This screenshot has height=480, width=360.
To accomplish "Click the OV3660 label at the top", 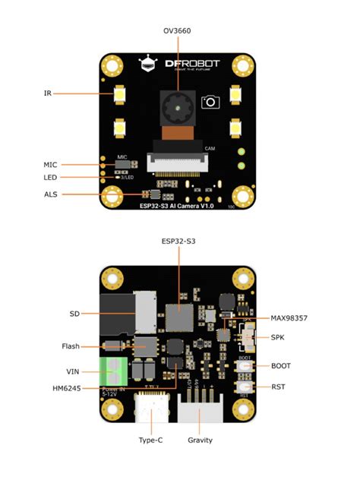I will pyautogui.click(x=178, y=31).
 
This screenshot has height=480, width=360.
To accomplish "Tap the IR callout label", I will pyautogui.click(x=47, y=93).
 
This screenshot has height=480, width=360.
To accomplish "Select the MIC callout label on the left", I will pyautogui.click(x=50, y=164).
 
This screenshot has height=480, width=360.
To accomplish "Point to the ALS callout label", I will pyautogui.click(x=50, y=194).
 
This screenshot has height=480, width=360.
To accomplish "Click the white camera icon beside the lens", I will pyautogui.click(x=209, y=102).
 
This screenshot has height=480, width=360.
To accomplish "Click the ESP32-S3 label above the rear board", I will pyautogui.click(x=178, y=242).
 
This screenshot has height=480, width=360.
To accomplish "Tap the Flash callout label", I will pyautogui.click(x=70, y=346).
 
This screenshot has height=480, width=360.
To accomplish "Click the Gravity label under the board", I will pyautogui.click(x=200, y=440).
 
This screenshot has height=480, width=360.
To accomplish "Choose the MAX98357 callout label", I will pyautogui.click(x=292, y=317).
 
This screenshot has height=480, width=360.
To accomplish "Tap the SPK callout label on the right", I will pyautogui.click(x=279, y=336).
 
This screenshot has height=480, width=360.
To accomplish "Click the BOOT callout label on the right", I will pyautogui.click(x=282, y=365).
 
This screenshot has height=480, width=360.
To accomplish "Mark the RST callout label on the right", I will pyautogui.click(x=279, y=387).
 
